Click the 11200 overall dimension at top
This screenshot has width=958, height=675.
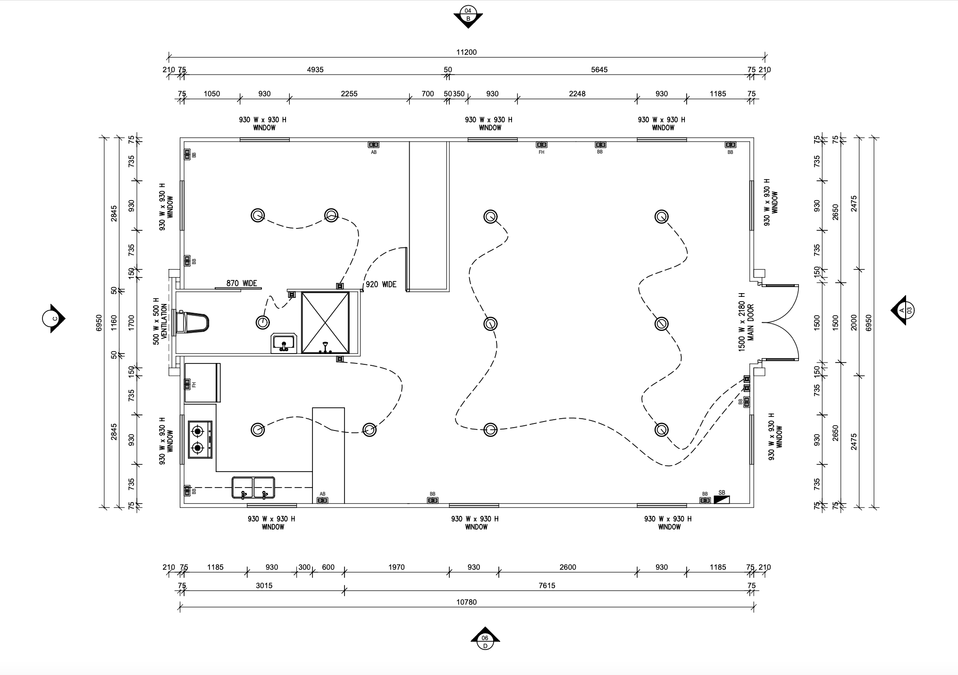[x=466, y=52]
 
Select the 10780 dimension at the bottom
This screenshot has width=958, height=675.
[x=466, y=602]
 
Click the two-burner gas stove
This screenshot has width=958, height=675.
[x=201, y=439]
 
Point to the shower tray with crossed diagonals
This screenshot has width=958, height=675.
[x=326, y=322]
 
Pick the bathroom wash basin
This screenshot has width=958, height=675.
[x=284, y=343]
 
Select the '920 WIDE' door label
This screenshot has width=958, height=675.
[x=381, y=285]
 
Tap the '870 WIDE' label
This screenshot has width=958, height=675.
[x=242, y=283]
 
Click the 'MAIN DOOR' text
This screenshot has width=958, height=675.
[x=750, y=322]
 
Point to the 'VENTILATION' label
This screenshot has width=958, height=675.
[x=164, y=321]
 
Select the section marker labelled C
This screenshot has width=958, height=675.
[x=54, y=319]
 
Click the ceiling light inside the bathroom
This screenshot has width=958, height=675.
[x=263, y=322]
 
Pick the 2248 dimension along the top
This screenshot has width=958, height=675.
[x=577, y=93]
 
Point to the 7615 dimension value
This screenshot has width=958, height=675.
[x=547, y=585]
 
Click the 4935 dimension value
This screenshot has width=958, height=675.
[x=315, y=69]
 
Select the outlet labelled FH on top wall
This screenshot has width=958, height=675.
[x=541, y=144]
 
